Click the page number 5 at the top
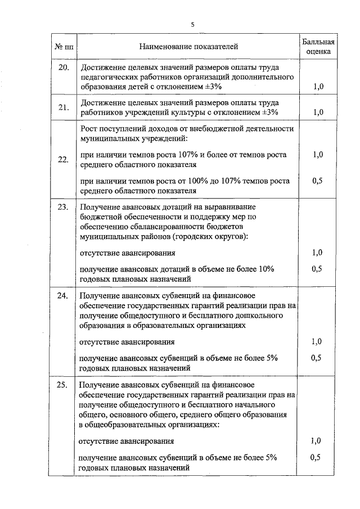click(192, 24)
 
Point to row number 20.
click(64, 68)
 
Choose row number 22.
click(64, 160)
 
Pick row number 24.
click(64, 295)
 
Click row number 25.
click(64, 385)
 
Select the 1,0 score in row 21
click(318, 112)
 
